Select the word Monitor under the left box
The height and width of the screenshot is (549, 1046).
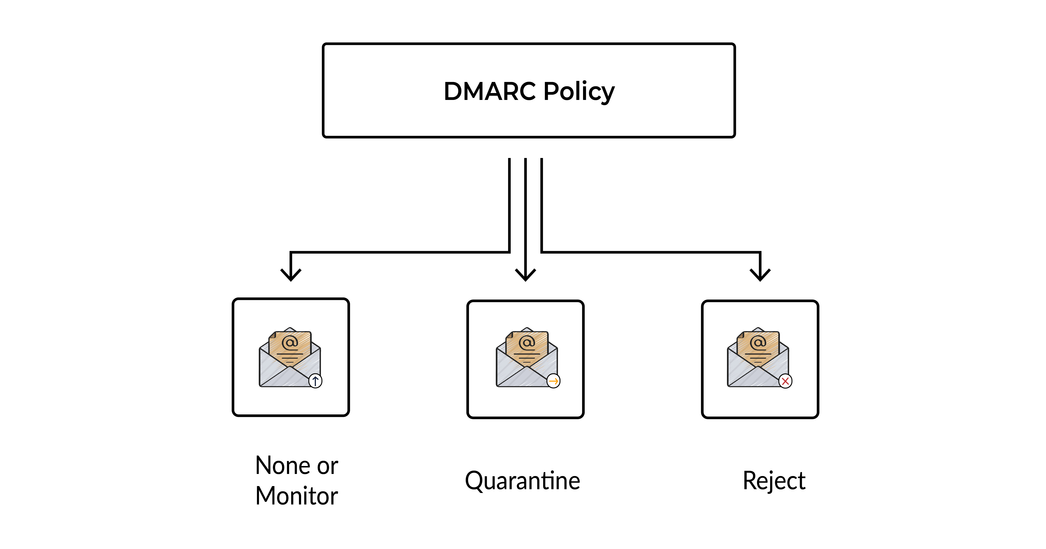[x=296, y=496]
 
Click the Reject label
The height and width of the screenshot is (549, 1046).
[x=774, y=481]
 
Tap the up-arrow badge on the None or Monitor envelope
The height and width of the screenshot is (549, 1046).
[x=315, y=381]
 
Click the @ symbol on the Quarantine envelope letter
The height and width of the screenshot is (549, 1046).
[x=527, y=343]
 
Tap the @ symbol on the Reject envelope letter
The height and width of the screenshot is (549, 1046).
[x=758, y=343]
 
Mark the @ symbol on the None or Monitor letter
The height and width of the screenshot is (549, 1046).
[x=290, y=343]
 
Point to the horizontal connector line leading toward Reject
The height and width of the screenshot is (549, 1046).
[x=650, y=252]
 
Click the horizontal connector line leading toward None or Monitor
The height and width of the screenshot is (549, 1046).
[x=400, y=252]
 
